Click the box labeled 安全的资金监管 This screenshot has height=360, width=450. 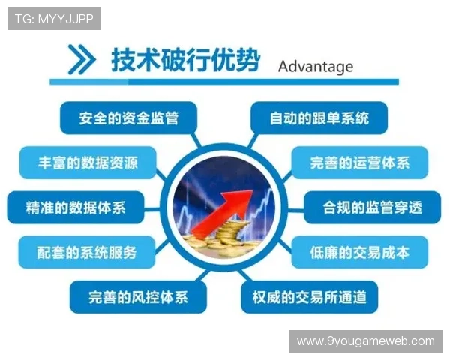pyautogui.click(x=127, y=118)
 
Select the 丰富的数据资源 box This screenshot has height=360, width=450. pyautogui.click(x=88, y=162)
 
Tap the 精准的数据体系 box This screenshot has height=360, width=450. pyautogui.click(x=76, y=207)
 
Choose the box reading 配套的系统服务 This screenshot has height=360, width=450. pyautogui.click(x=88, y=252)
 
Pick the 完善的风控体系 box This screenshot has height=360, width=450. pyautogui.click(x=138, y=296)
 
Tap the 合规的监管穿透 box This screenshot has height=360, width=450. pyautogui.click(x=372, y=207)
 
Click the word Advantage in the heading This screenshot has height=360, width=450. pyautogui.click(x=315, y=66)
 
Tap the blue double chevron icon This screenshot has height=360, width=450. pyautogui.click(x=81, y=59)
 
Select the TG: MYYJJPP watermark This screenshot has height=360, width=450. pyautogui.click(x=53, y=19)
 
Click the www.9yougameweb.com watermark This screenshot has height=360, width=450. pyautogui.click(x=365, y=341)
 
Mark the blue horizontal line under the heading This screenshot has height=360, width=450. pyautogui.click(x=225, y=81)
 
